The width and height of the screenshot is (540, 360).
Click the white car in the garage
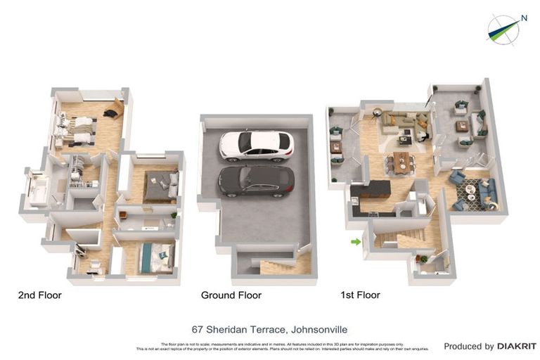tap(256, 145)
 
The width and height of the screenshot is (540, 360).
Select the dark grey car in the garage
tap(256, 181)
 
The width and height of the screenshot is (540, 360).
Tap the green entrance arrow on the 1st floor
tap(356, 242)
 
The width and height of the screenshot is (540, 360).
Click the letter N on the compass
tap(523, 19)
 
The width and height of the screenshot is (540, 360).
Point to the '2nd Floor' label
tap(39, 295)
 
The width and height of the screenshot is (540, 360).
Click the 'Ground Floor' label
tap(231, 295)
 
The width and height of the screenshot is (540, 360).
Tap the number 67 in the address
tap(198, 329)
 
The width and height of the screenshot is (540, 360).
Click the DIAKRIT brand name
tap(517, 346)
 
